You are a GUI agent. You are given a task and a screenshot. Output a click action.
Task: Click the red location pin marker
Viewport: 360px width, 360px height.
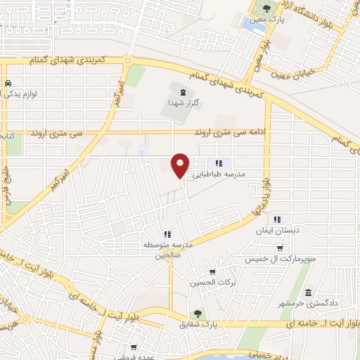click(x=181, y=165)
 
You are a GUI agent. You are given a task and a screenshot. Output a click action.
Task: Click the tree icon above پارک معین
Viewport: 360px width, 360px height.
click(x=266, y=8)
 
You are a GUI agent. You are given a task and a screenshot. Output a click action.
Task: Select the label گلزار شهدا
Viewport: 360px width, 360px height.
click(x=184, y=103)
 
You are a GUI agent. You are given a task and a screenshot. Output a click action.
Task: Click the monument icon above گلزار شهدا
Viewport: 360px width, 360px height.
click(x=184, y=91)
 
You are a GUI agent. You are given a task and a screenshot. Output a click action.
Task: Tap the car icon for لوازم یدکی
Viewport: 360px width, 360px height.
click(x=7, y=82)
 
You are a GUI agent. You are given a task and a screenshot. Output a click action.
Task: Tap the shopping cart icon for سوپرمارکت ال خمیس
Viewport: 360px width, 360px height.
click(x=280, y=248)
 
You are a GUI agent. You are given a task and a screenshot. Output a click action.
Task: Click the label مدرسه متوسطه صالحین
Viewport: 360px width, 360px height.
click(x=167, y=249)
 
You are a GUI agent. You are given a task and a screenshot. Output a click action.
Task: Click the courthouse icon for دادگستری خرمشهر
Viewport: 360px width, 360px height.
click(x=308, y=292)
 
